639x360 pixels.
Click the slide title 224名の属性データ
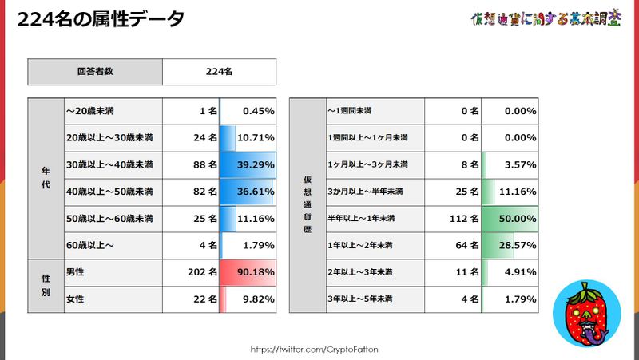(x=101, y=18)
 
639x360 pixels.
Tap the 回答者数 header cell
(x=95, y=71)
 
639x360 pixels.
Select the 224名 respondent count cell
(x=219, y=71)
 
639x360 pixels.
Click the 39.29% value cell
(x=248, y=164)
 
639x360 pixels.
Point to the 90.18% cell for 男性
(x=248, y=272)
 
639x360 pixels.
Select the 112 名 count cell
(x=453, y=218)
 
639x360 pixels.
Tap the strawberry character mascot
(x=589, y=315)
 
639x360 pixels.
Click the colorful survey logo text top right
(x=546, y=18)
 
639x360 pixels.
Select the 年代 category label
(x=45, y=178)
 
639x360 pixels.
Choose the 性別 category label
(x=45, y=286)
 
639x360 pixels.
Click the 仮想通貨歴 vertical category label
(x=308, y=205)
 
